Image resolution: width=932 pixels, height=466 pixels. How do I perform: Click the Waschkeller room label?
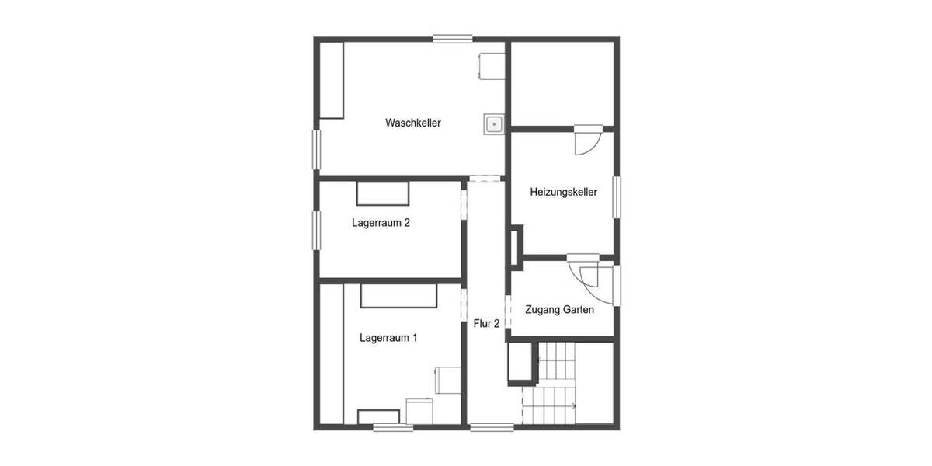coord(412,123)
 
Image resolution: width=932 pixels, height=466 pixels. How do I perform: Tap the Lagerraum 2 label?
coord(381,223)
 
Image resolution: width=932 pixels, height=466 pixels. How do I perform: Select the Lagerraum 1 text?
coord(388,338)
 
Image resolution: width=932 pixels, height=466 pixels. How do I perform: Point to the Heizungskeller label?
coord(563,192)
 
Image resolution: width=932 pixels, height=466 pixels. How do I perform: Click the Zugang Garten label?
coord(559,310)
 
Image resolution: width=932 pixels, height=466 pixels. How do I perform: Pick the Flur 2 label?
coord(486,324)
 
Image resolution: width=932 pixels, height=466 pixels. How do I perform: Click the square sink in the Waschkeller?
coord(494,123)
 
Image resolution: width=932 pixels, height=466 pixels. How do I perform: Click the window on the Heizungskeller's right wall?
coord(617,197)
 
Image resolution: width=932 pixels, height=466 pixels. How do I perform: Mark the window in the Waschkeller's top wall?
coord(453,37)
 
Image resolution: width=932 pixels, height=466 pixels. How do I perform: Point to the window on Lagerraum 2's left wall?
coord(317,230)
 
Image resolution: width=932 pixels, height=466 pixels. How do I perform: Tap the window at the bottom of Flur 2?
coord(492,426)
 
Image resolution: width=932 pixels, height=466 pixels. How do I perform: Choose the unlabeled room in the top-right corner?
coord(562,82)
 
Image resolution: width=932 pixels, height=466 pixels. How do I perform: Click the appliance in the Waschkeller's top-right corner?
coord(492,65)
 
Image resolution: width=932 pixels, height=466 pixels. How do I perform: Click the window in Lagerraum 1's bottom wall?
coord(392,426)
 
